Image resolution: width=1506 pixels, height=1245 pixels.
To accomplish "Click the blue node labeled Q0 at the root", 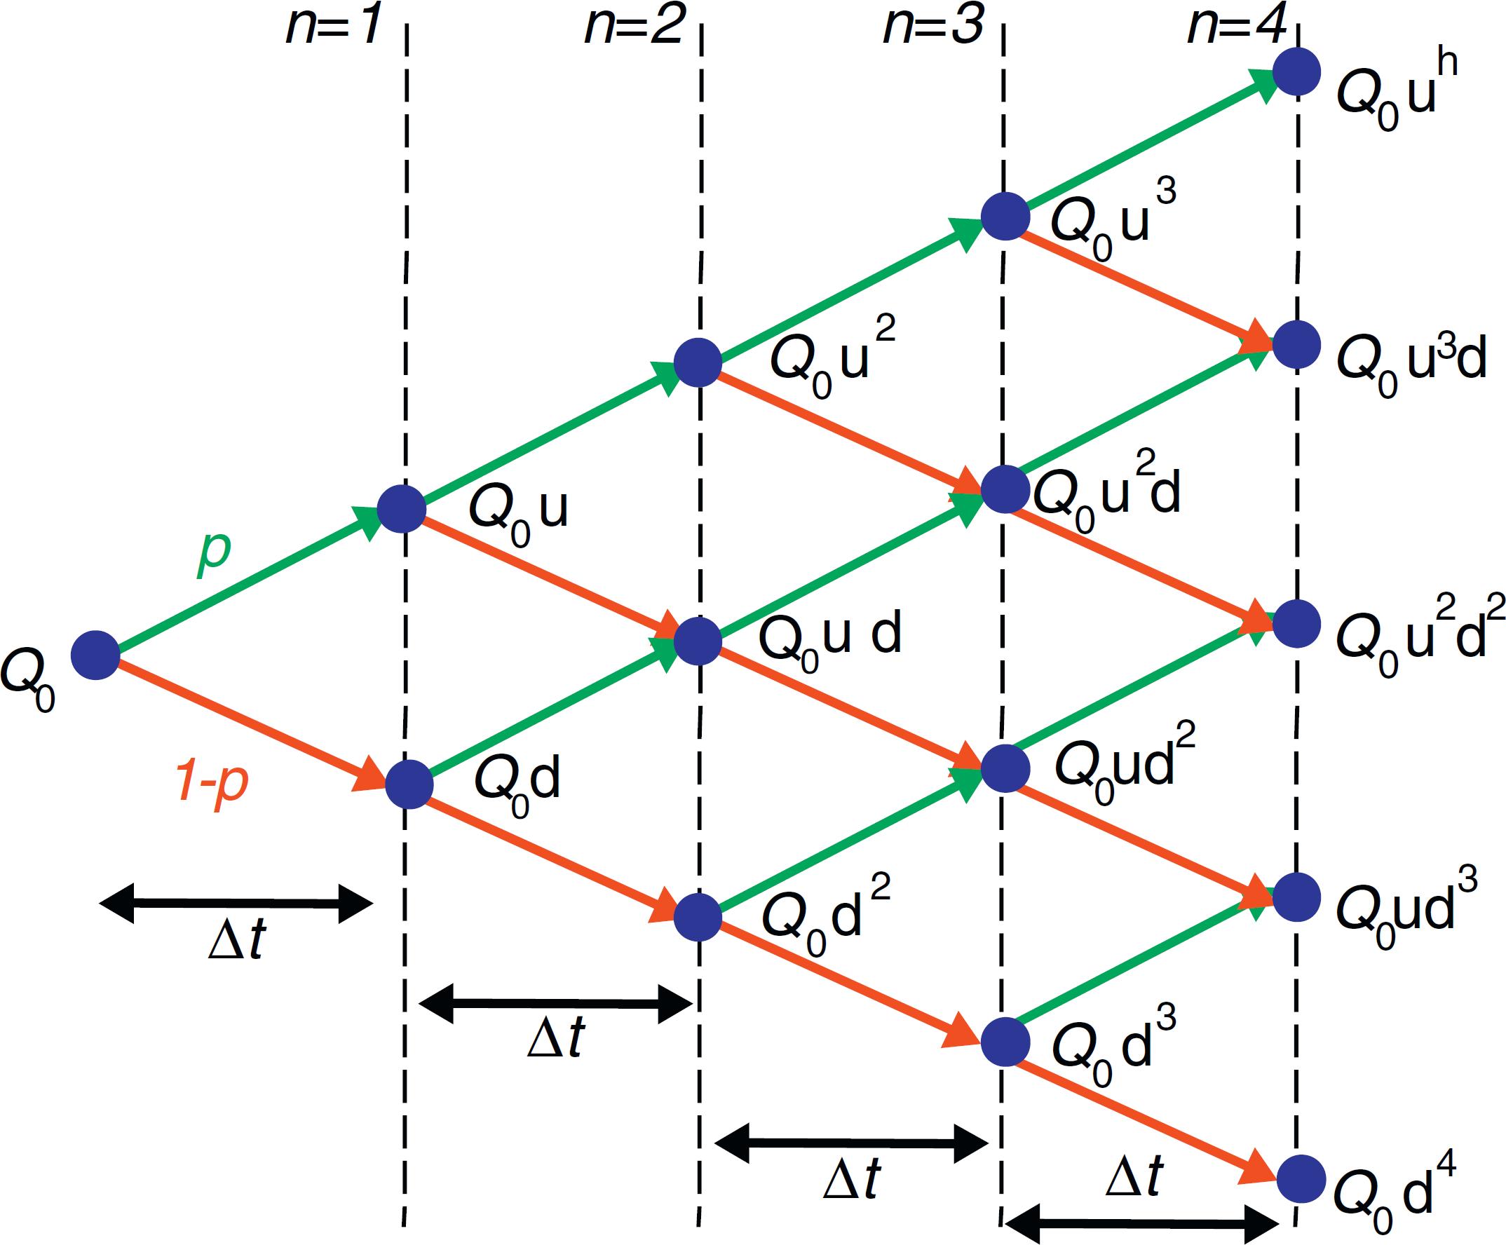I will tap(95, 655).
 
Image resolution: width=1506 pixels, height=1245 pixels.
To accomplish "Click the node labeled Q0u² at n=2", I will tap(698, 362).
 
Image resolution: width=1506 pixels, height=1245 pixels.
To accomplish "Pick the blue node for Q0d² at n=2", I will tap(698, 916).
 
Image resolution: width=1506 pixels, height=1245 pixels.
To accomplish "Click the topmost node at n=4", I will tap(1296, 71).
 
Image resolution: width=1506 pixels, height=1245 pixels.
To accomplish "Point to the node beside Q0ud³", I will tap(1296, 897).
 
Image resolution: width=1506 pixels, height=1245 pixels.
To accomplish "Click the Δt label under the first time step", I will tap(237, 939).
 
